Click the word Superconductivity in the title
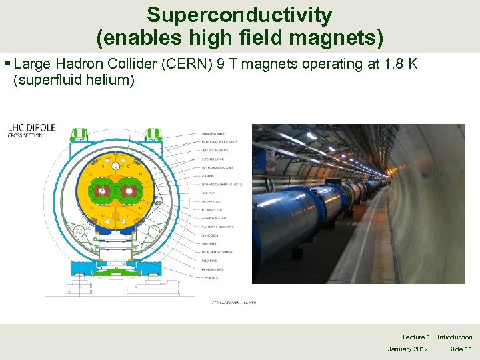click(x=239, y=15)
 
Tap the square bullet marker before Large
click(x=7, y=65)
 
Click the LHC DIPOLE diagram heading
click(x=31, y=127)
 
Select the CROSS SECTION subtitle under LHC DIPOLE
click(x=25, y=135)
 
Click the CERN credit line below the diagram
click(x=233, y=302)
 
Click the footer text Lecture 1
click(x=415, y=337)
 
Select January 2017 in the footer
click(x=408, y=349)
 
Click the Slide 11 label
click(x=460, y=349)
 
